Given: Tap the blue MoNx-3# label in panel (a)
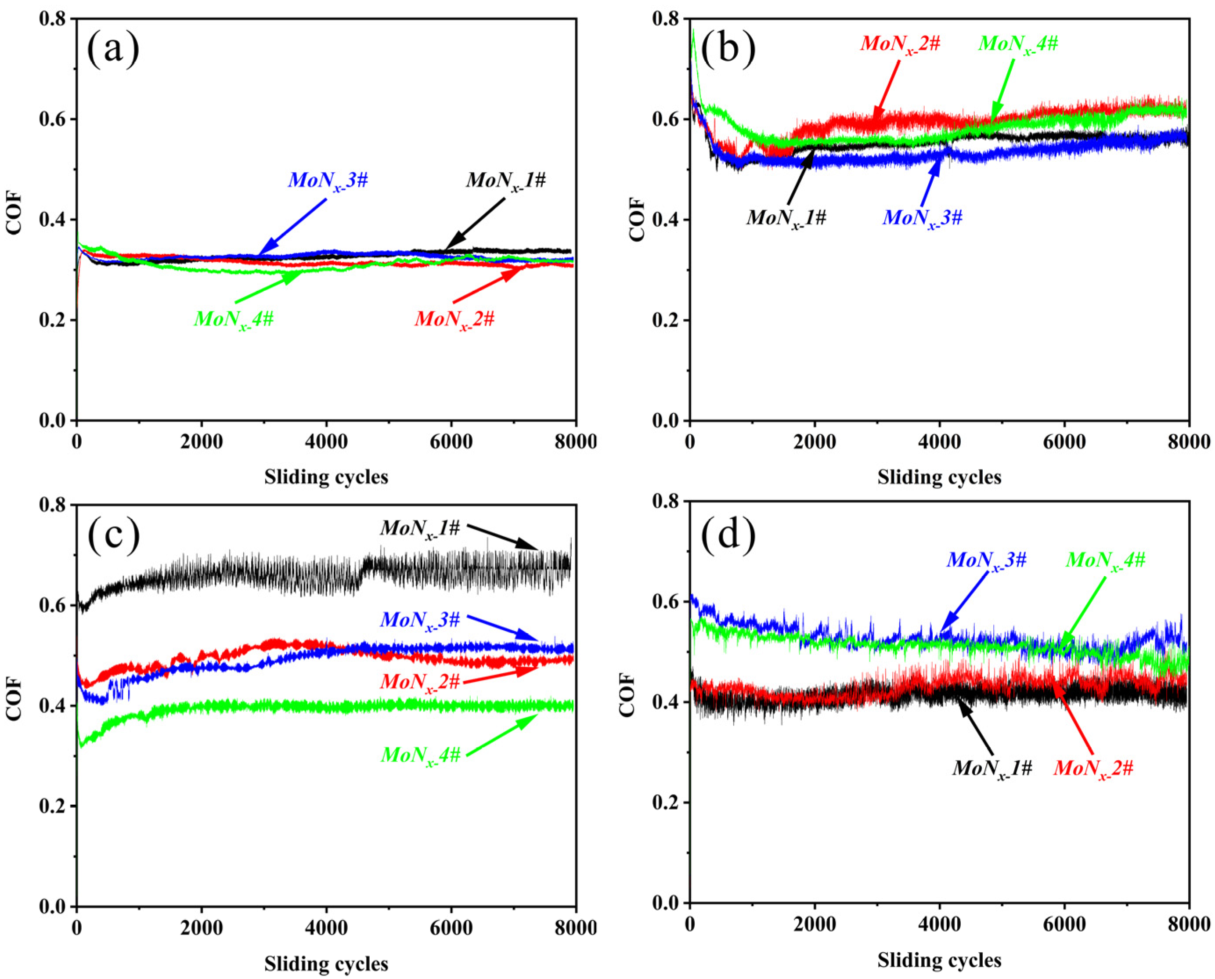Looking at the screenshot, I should (x=328, y=181).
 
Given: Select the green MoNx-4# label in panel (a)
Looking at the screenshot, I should (x=234, y=319).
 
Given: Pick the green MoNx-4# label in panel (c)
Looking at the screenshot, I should (x=421, y=755).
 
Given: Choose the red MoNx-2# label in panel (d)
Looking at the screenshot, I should (x=1092, y=768).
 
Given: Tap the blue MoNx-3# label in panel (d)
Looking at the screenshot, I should (x=987, y=560).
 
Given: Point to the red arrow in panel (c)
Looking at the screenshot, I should (x=502, y=675).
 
